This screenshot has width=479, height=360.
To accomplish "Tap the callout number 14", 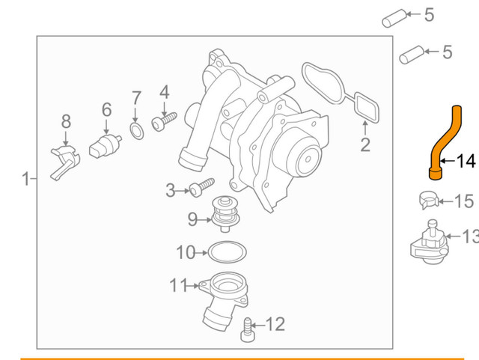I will coord(466,161).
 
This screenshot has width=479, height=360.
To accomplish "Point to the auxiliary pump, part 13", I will coord(430,244).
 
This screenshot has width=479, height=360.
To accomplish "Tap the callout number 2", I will coord(365,144).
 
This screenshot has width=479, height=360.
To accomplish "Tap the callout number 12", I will coord(275,324).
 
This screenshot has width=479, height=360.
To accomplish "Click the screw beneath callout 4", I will coord(164,120).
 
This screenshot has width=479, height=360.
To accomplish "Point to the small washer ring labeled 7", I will coord(135,132).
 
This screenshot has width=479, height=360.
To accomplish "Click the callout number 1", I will coord(25,179).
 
